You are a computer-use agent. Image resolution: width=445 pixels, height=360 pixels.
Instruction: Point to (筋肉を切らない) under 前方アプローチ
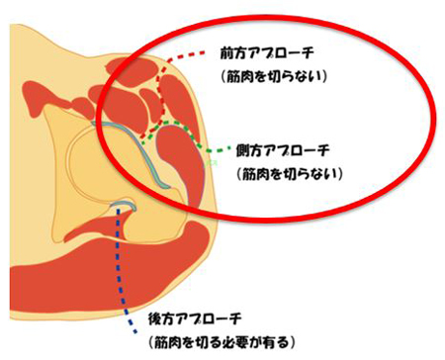coord(278,76)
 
